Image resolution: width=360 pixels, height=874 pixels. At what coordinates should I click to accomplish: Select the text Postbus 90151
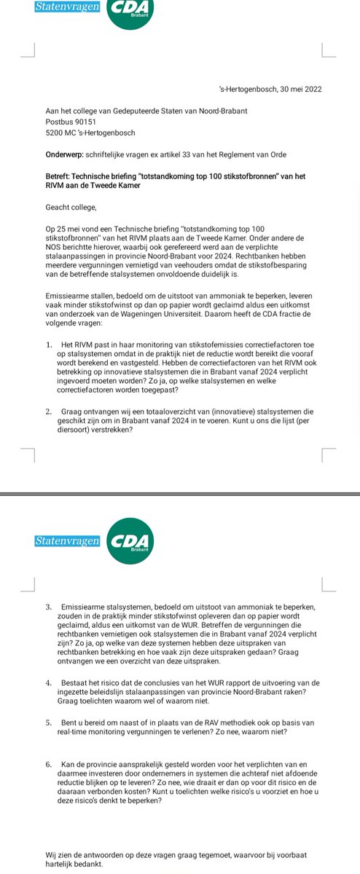click(x=71, y=122)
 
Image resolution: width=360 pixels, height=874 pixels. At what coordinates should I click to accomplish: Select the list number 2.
click(x=48, y=412)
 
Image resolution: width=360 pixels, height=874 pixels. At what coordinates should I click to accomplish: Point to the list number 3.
click(x=48, y=607)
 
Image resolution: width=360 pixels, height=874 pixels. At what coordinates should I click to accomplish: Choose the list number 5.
click(x=48, y=721)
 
